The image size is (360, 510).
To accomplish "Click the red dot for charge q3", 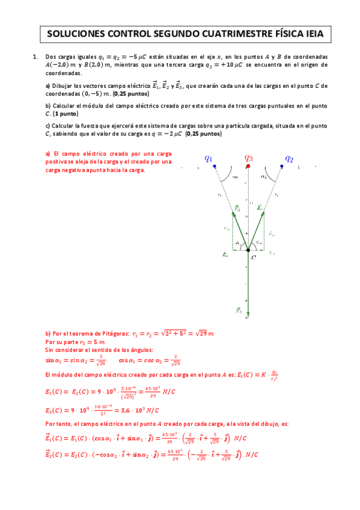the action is [x=248, y=166].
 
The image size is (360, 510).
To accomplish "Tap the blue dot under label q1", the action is [x=215, y=166].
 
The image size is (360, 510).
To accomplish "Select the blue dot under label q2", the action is [x=282, y=166].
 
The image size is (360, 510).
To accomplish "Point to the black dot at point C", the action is [x=248, y=250].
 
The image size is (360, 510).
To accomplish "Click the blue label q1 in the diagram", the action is [x=209, y=158].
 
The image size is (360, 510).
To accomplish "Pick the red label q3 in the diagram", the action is [x=248, y=158].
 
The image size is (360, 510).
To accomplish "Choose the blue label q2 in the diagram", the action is [x=289, y=158].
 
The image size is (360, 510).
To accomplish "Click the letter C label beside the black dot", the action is [x=254, y=257].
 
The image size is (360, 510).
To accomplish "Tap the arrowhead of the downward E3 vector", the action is [x=248, y=314].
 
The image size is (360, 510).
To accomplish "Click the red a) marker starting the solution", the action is [x=48, y=153].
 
